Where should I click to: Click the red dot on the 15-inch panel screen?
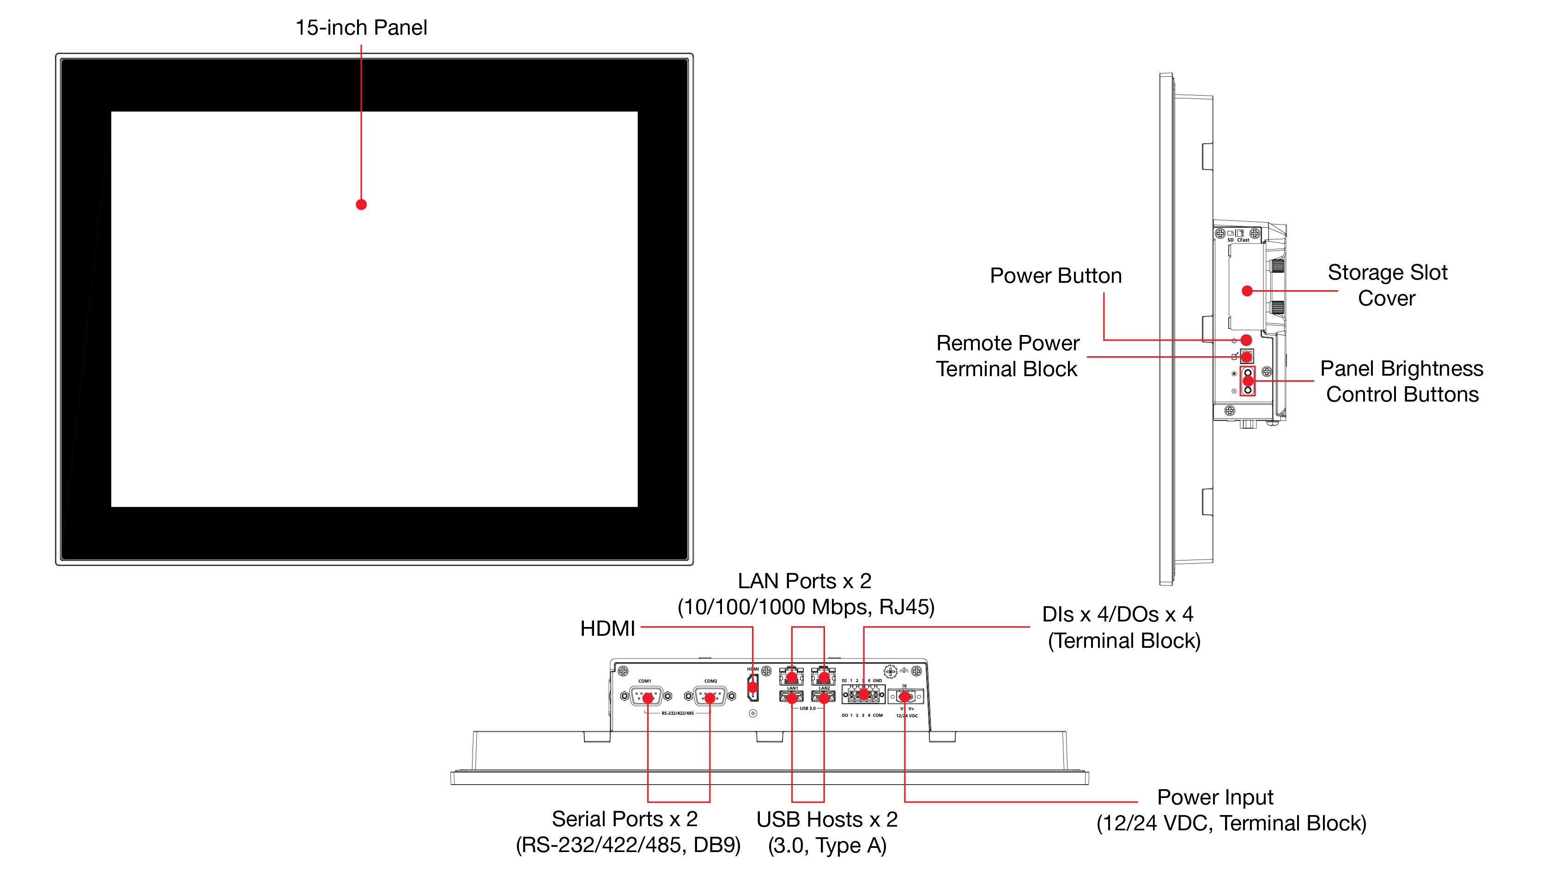click(x=361, y=205)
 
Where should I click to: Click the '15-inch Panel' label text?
click(x=361, y=27)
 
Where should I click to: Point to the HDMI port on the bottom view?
click(x=753, y=687)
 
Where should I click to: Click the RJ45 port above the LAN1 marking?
click(x=791, y=676)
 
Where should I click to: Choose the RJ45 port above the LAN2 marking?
click(x=824, y=676)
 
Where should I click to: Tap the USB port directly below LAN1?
click(x=791, y=698)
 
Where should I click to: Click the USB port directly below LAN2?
click(x=824, y=698)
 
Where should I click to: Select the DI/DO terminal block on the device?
click(x=863, y=694)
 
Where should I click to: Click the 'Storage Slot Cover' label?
click(x=1387, y=285)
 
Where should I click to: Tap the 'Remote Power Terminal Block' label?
click(x=1007, y=356)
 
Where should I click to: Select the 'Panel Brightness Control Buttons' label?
click(x=1402, y=382)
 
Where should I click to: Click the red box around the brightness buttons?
click(x=1248, y=382)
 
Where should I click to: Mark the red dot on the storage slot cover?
click(x=1247, y=291)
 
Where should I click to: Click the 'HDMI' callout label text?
click(x=607, y=628)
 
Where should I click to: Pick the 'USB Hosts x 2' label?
click(x=827, y=819)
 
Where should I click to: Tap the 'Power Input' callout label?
click(x=1215, y=798)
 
